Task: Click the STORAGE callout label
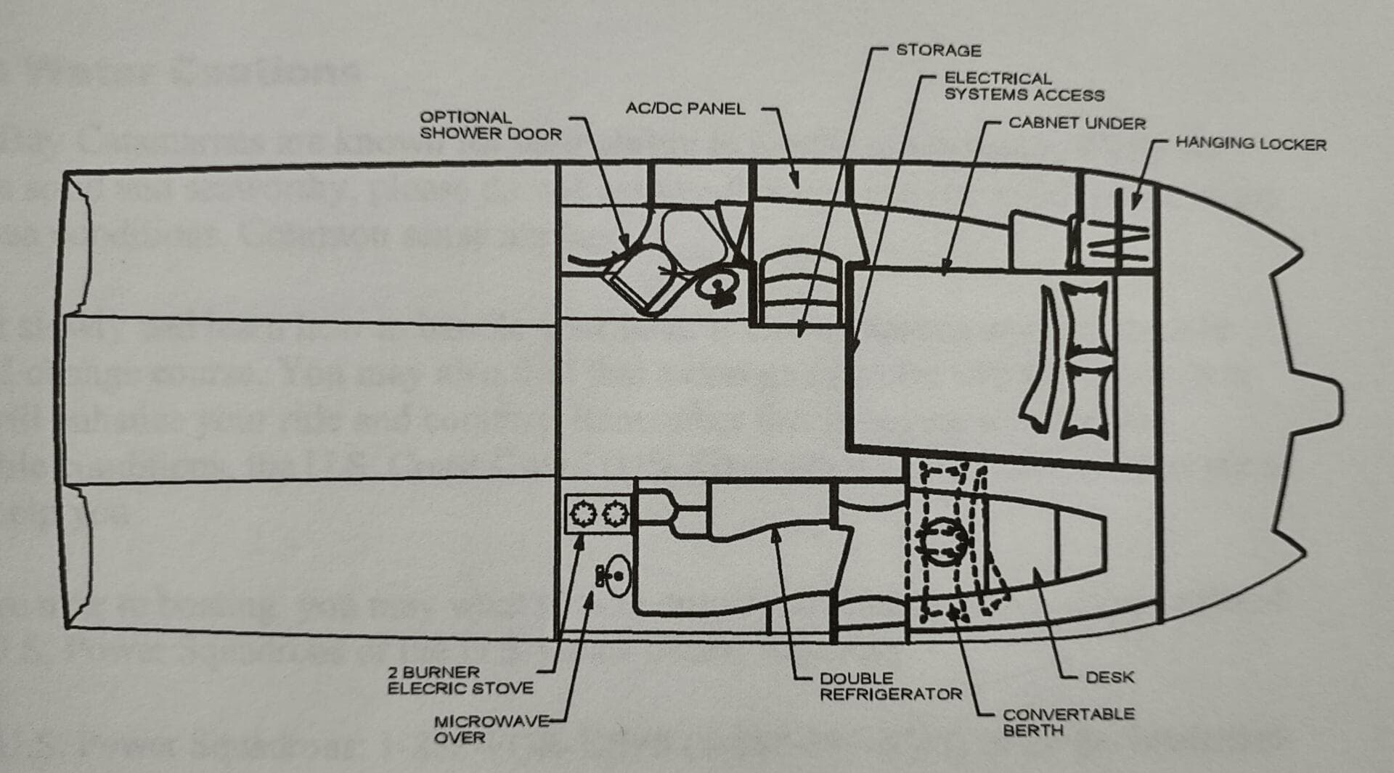pos(938,50)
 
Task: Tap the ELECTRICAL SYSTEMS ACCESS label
pos(1024,86)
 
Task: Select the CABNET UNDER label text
pos(1077,123)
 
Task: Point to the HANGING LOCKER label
pos(1250,144)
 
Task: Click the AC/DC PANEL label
pos(685,109)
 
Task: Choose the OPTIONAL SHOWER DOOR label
pos(491,126)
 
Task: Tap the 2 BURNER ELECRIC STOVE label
pos(460,680)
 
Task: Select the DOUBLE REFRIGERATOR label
pos(891,686)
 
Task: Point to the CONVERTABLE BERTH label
pos(1068,721)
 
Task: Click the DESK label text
pos(1109,677)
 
